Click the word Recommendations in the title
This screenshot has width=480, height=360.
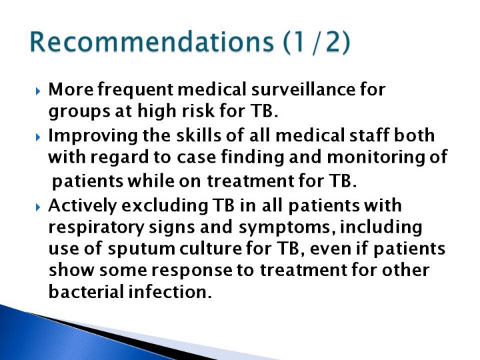(152, 41)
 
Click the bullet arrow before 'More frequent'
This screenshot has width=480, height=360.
(37, 91)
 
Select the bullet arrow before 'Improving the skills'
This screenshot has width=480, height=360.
(37, 137)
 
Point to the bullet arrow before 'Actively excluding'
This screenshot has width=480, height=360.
(37, 207)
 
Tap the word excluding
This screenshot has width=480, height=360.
(165, 206)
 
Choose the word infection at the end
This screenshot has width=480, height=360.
(170, 291)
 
